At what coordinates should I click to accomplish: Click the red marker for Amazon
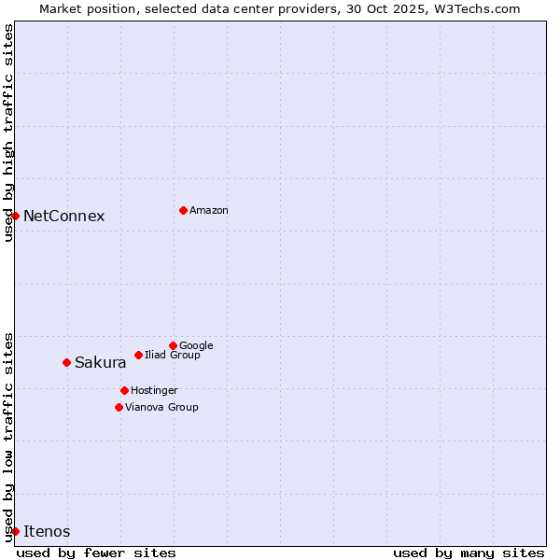pyautogui.click(x=183, y=210)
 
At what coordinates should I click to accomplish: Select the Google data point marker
pyautogui.click(x=173, y=345)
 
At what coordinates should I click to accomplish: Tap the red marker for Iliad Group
pyautogui.click(x=138, y=355)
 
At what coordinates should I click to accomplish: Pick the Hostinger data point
pyautogui.click(x=124, y=390)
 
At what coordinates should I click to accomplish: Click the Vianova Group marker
pyautogui.click(x=119, y=407)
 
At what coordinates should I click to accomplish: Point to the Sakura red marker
pyautogui.click(x=66, y=362)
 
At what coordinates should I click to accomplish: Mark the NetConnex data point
pyautogui.click(x=15, y=216)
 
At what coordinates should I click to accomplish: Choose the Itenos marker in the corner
pyautogui.click(x=15, y=531)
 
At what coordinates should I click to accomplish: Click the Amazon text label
pyautogui.click(x=209, y=210)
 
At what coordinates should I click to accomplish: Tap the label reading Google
pyautogui.click(x=196, y=345)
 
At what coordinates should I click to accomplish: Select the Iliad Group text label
pyautogui.click(x=173, y=355)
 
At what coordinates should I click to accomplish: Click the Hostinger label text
pyautogui.click(x=154, y=390)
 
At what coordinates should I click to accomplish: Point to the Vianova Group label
pyautogui.click(x=161, y=407)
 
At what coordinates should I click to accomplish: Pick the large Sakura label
pyautogui.click(x=100, y=362)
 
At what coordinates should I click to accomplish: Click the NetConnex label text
pyautogui.click(x=63, y=216)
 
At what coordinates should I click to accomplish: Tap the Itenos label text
pyautogui.click(x=47, y=531)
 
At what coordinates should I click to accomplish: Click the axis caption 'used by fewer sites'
pyautogui.click(x=96, y=553)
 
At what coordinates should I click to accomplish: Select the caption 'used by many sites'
pyautogui.click(x=469, y=553)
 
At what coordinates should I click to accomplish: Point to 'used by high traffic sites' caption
pyautogui.click(x=8, y=133)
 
